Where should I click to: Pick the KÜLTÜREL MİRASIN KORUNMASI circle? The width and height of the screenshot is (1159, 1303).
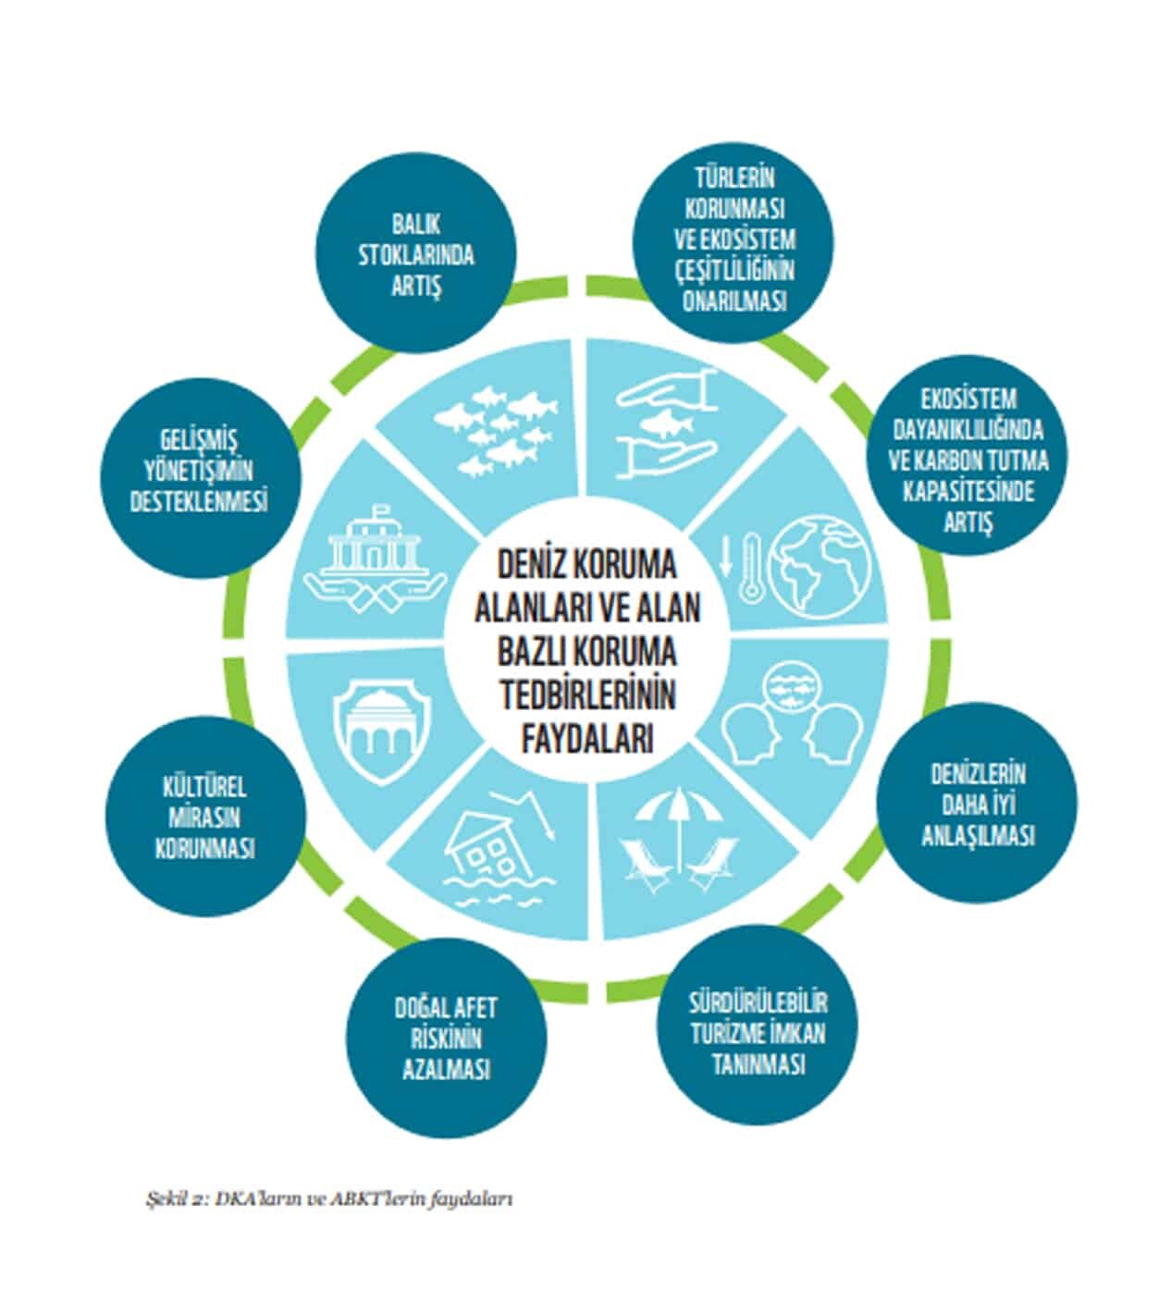pyautogui.click(x=204, y=817)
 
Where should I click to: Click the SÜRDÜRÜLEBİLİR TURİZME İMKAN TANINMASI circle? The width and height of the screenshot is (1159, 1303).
pyautogui.click(x=758, y=1032)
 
